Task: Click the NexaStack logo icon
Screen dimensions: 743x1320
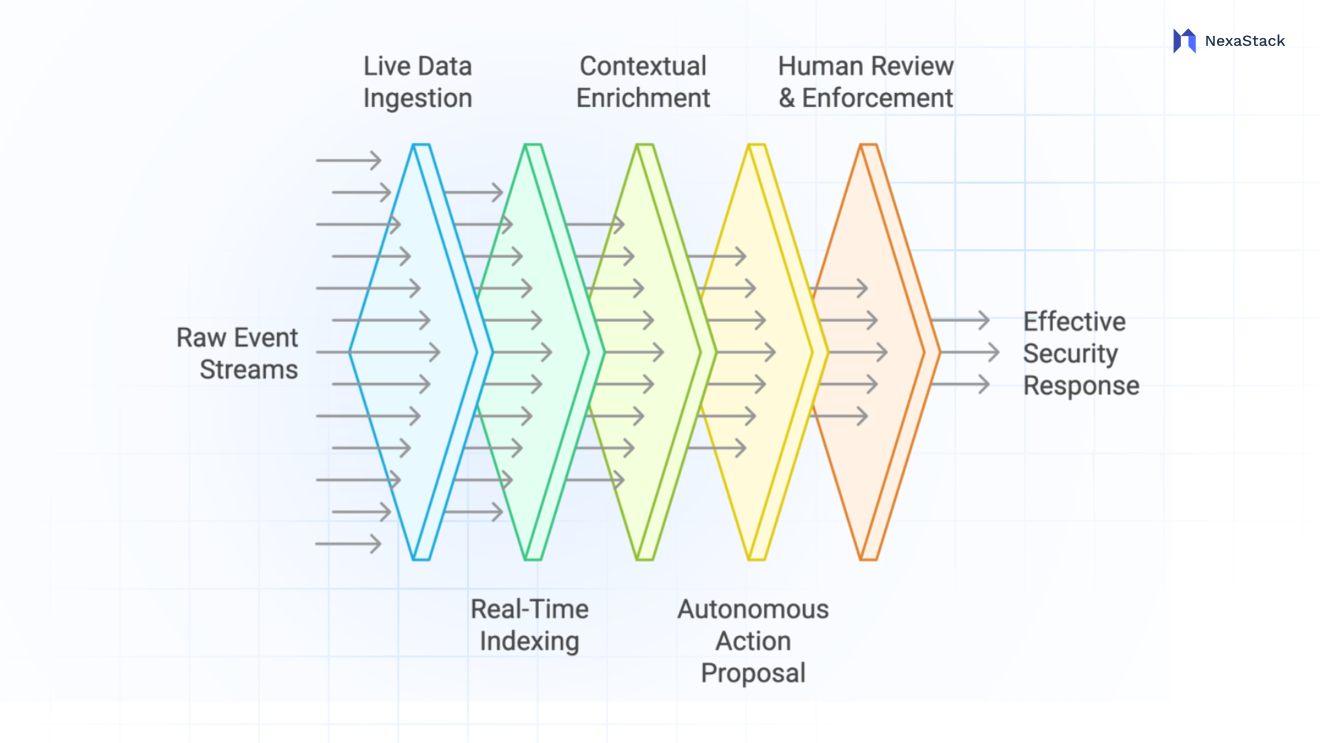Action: pos(1184,41)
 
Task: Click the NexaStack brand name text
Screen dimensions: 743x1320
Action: pos(1244,41)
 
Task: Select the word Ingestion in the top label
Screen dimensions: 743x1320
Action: pos(417,98)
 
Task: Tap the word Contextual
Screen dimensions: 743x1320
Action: pos(643,66)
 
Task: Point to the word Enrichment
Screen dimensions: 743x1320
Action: pos(643,98)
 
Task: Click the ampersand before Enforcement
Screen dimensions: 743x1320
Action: pos(786,98)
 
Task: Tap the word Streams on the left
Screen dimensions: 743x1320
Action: pos(248,369)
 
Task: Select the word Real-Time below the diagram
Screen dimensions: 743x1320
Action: pos(529,609)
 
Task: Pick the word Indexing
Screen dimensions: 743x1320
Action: pos(529,640)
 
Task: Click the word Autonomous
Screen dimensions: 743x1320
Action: pos(753,609)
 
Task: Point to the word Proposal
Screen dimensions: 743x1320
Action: pos(753,672)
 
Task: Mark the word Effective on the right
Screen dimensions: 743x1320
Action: pos(1074,321)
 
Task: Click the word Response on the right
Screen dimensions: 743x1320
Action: pos(1081,385)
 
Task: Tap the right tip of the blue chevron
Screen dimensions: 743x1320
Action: pos(491,352)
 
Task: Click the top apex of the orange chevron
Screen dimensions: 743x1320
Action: pos(868,145)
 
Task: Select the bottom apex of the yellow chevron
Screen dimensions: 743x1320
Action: pos(756,559)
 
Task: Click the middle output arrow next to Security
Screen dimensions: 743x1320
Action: pos(969,352)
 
